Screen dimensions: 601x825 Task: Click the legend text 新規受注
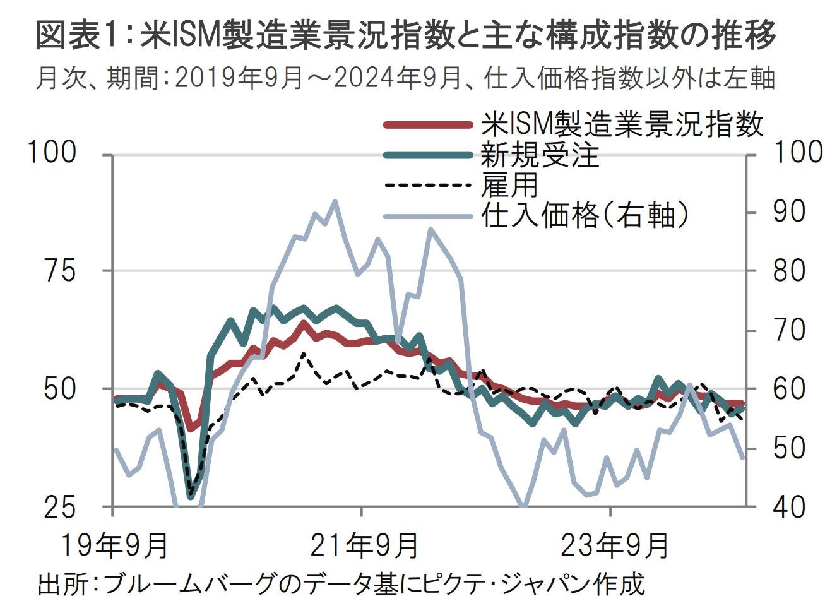[540, 155]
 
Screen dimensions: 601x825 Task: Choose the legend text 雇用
[510, 185]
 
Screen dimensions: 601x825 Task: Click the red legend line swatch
[428, 125]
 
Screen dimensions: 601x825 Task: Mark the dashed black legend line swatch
[428, 186]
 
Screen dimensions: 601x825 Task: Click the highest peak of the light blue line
[335, 202]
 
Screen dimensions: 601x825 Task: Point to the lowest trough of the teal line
[191, 496]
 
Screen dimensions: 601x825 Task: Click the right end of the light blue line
[742, 458]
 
